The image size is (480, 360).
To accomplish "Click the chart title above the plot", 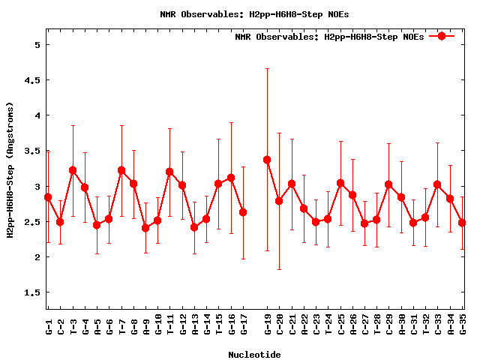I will pyautogui.click(x=254, y=13).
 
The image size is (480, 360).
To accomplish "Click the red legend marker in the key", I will pyautogui.click(x=442, y=36).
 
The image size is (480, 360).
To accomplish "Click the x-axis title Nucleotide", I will pyautogui.click(x=254, y=355).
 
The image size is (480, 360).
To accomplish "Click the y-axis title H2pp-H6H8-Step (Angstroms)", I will pyautogui.click(x=10, y=169).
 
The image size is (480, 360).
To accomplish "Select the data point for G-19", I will pyautogui.click(x=267, y=160).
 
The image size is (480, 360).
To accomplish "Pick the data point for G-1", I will pyautogui.click(x=48, y=197).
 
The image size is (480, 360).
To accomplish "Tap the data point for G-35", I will pyautogui.click(x=462, y=223).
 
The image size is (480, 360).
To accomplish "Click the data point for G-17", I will pyautogui.click(x=243, y=212).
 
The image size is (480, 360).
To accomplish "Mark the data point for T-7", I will pyautogui.click(x=121, y=170).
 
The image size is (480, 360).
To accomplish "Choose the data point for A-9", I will pyautogui.click(x=145, y=228).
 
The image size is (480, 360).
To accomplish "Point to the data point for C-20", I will pyautogui.click(x=279, y=201).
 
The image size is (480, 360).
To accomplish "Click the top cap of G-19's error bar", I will pyautogui.click(x=267, y=68).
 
